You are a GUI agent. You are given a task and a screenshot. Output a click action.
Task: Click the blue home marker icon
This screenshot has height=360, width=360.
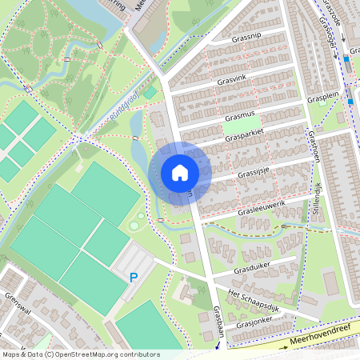pyautogui.click(x=180, y=172)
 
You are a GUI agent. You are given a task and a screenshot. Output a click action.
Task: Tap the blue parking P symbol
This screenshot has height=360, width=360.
pyautogui.click(x=133, y=278)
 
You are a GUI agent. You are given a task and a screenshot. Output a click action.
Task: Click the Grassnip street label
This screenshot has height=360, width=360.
pyautogui.click(x=246, y=37)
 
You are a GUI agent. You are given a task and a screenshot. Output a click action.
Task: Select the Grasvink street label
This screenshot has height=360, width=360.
pyautogui.click(x=233, y=79)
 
